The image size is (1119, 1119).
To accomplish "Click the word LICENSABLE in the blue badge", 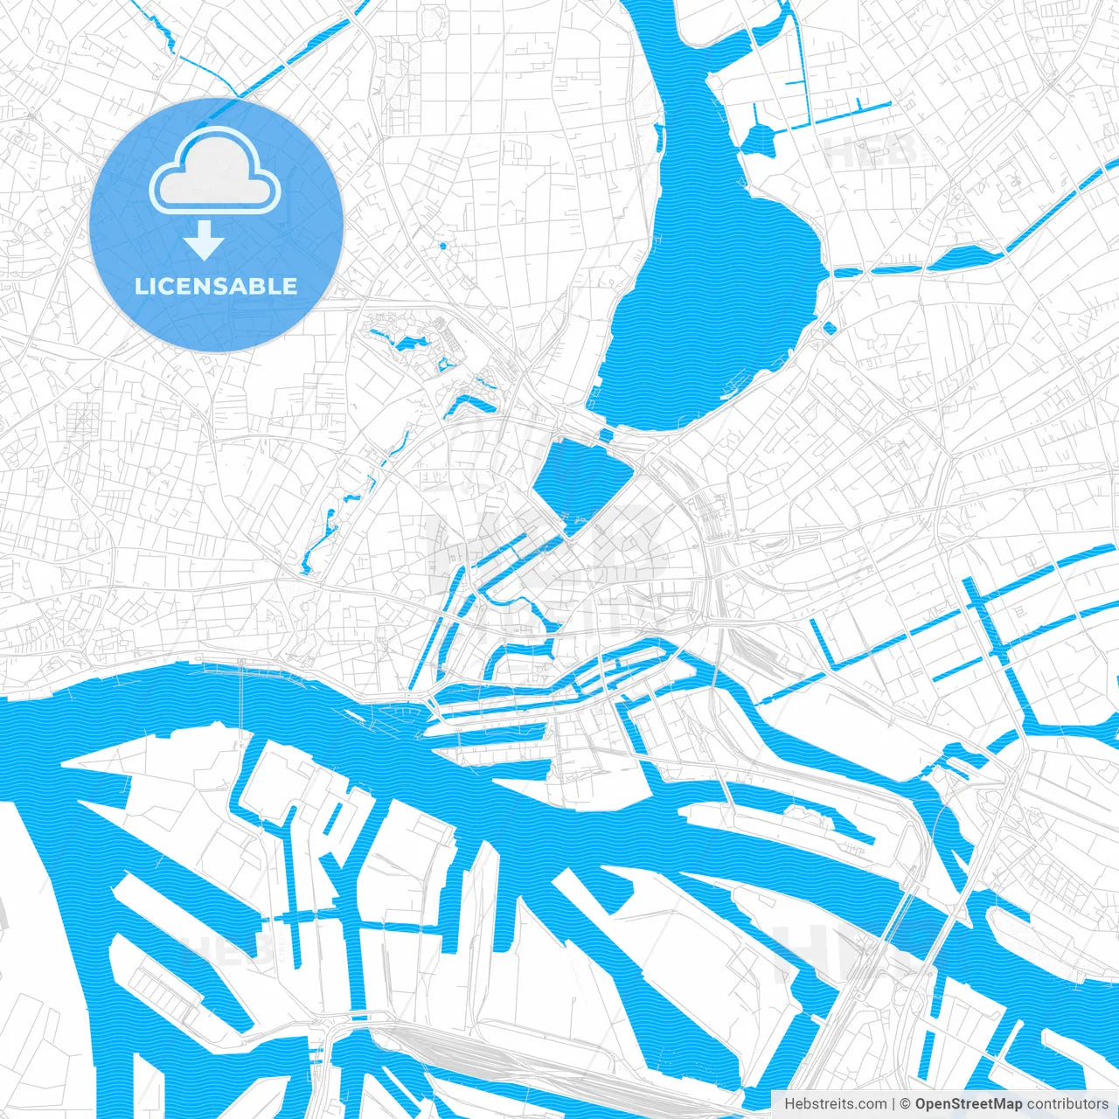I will tap(216, 287).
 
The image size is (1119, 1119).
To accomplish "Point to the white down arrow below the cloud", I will tap(205, 240).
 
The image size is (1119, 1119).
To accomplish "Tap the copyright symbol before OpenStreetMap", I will tap(906, 1104).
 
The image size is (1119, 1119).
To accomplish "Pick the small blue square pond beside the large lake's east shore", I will tap(830, 329).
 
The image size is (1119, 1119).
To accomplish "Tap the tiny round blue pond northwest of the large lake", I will tap(441, 246).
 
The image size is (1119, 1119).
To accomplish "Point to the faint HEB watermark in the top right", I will tap(870, 153).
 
